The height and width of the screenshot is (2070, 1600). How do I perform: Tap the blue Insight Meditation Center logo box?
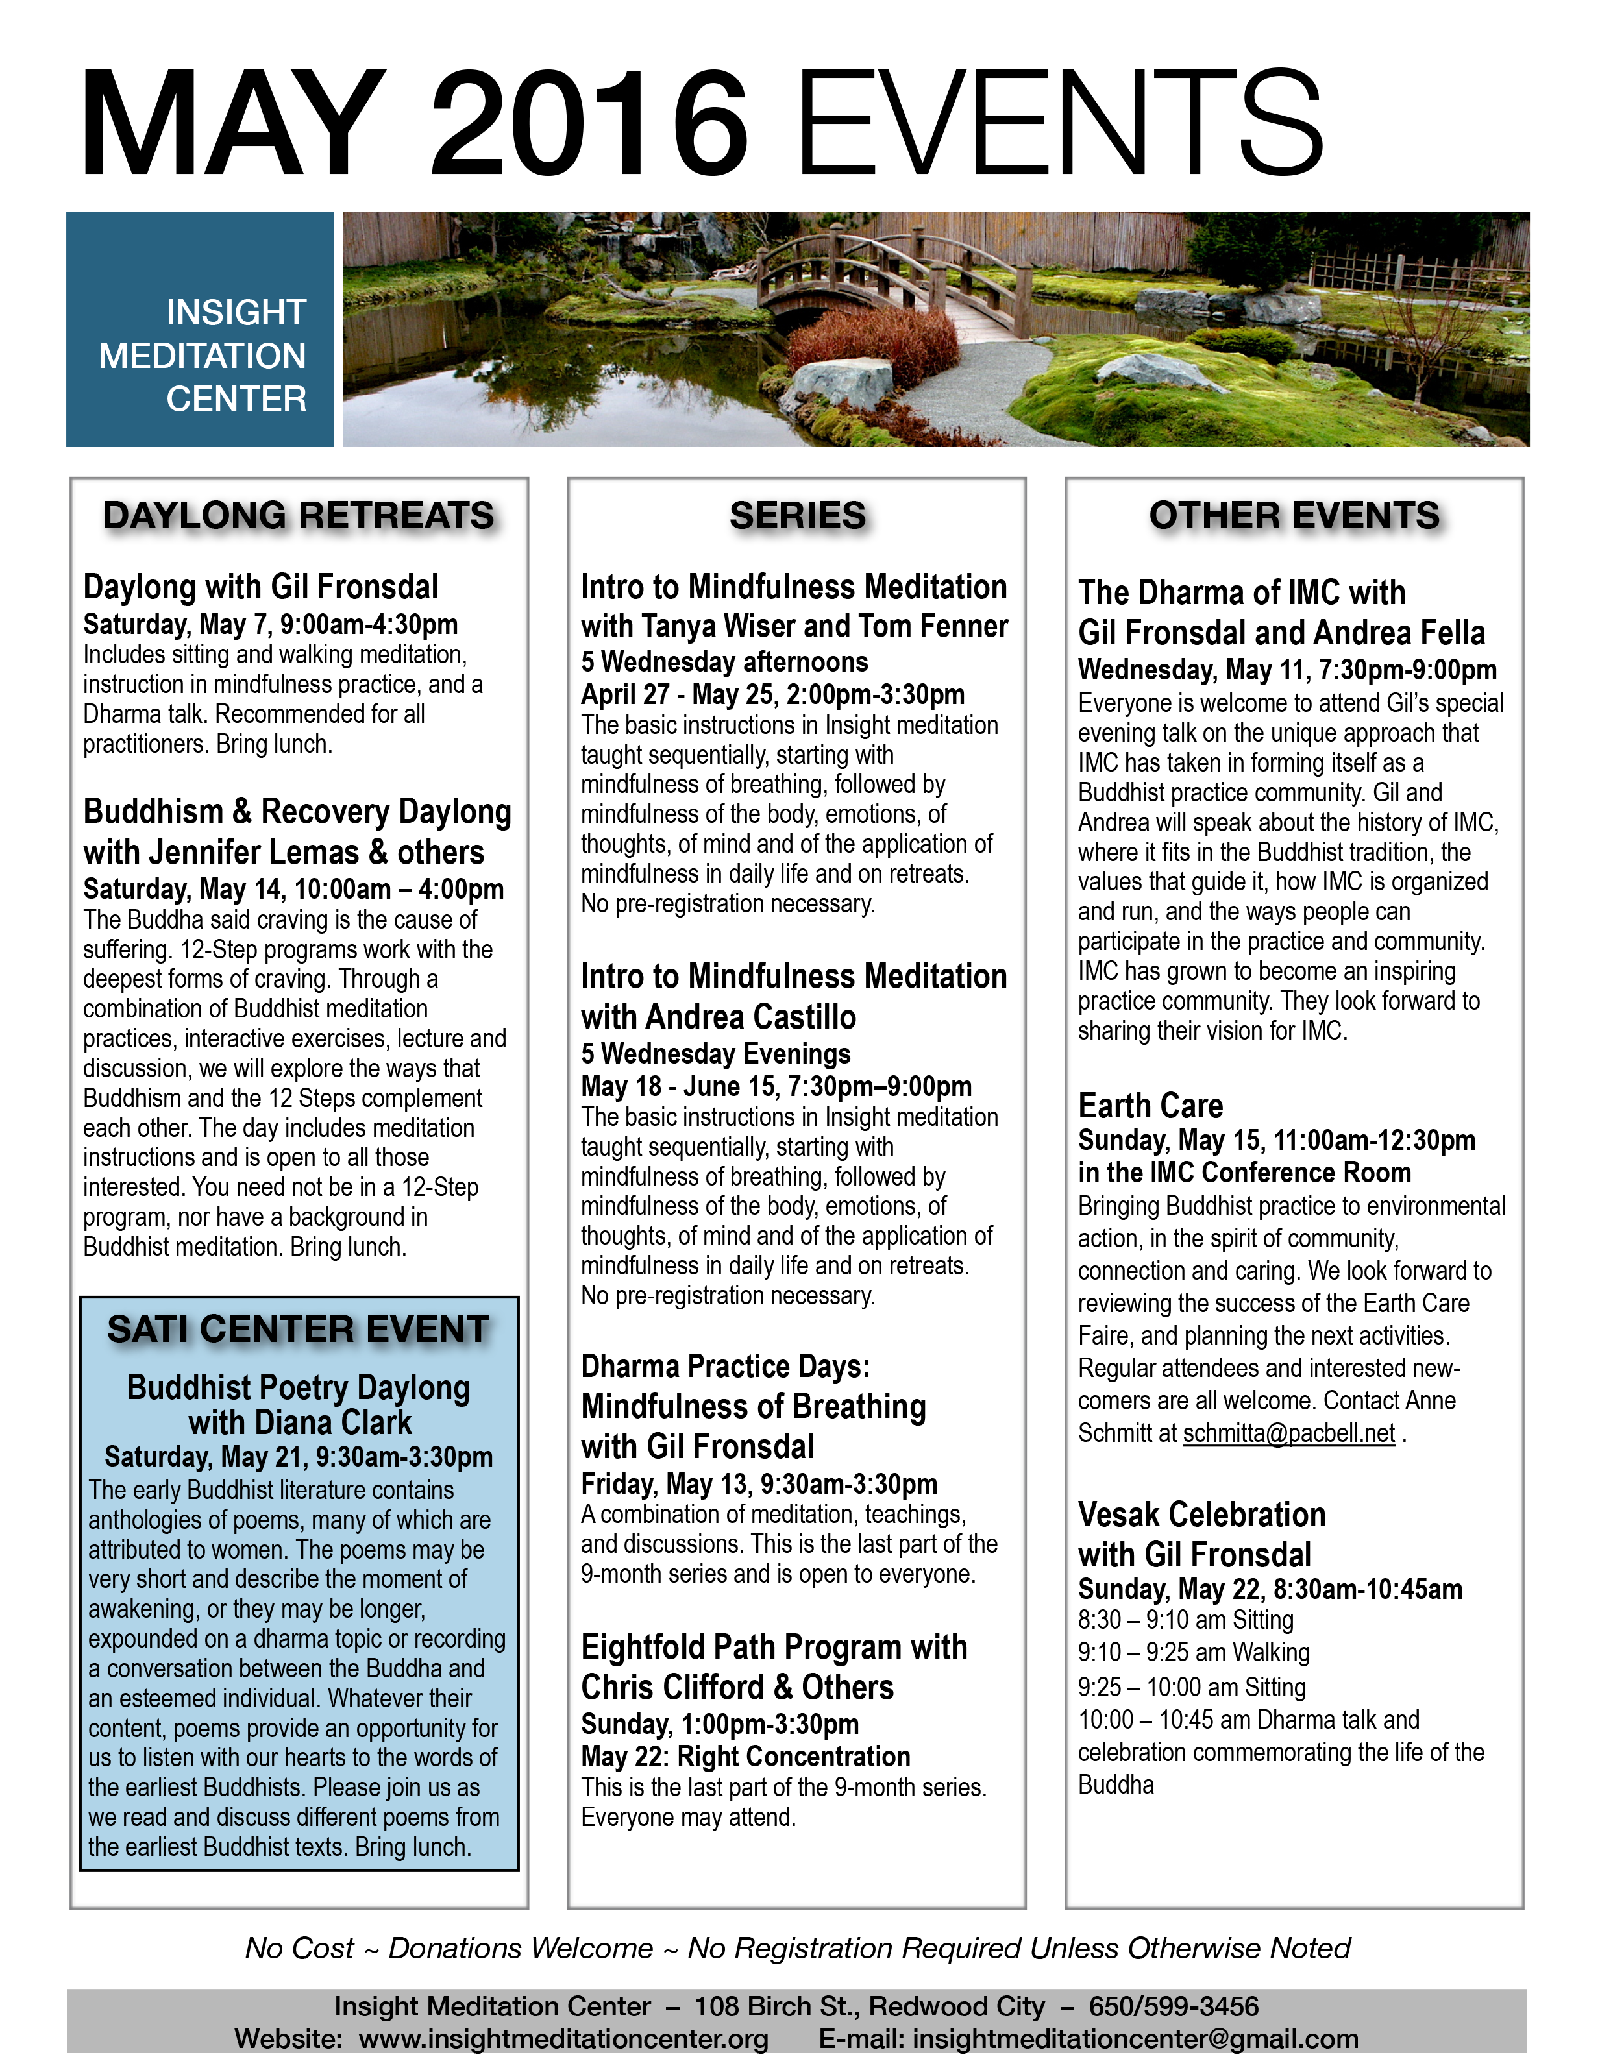200,329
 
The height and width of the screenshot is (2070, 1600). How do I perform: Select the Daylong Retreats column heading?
299,516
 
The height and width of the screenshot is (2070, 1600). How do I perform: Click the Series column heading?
797,516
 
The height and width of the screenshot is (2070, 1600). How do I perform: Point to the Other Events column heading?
1294,516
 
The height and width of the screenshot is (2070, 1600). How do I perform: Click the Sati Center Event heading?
299,1329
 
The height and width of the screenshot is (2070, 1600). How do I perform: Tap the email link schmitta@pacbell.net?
1288,1433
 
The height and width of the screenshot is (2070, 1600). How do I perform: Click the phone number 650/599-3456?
1174,2006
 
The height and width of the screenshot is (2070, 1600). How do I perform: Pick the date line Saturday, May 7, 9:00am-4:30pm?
270,625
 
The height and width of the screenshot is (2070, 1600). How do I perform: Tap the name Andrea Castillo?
752,1017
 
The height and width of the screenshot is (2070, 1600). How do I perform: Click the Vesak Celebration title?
1201,1515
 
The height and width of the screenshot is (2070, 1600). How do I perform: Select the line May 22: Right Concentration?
745,1757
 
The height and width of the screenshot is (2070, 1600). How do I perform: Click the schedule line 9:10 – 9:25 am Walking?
1194,1653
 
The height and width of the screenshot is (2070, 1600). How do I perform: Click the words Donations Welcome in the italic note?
521,1948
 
